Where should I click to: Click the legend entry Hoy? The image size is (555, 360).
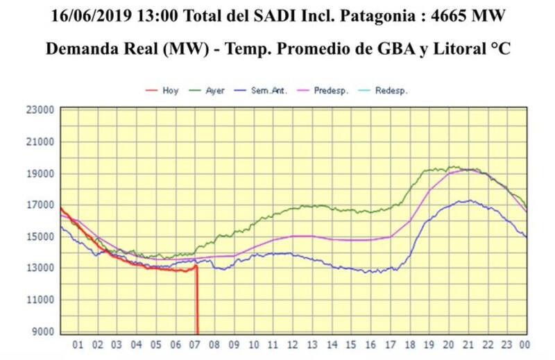pyautogui.click(x=170, y=91)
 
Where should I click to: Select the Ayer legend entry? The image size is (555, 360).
pyautogui.click(x=215, y=91)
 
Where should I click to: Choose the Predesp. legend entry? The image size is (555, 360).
pyautogui.click(x=331, y=91)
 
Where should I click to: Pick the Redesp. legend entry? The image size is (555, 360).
pyautogui.click(x=391, y=91)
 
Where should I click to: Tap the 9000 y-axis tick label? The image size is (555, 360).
pyautogui.click(x=42, y=332)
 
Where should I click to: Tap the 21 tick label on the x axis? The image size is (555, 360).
pyautogui.click(x=468, y=345)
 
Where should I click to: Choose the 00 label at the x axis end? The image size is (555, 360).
pyautogui.click(x=527, y=345)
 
